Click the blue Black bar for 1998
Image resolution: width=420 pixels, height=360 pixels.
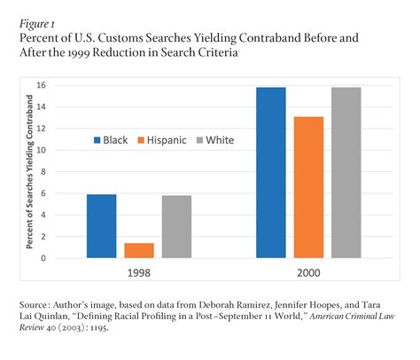102,226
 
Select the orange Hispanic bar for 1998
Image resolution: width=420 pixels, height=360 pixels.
139,250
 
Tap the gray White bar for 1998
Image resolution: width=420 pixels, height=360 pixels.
177,226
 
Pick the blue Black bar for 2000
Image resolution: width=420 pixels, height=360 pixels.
270,172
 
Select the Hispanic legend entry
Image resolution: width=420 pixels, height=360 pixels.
164,139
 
